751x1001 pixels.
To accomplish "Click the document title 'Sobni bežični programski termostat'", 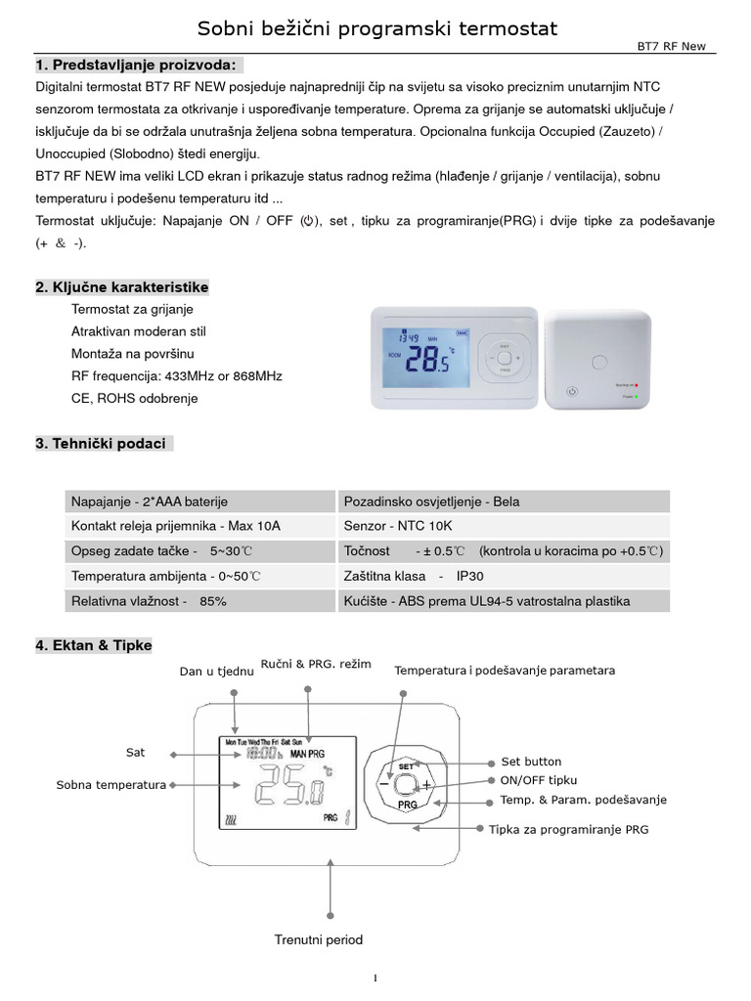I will pyautogui.click(x=377, y=29).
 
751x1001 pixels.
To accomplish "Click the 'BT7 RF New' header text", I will pyautogui.click(x=676, y=47).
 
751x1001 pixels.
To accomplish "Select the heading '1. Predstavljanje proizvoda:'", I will pyautogui.click(x=136, y=65).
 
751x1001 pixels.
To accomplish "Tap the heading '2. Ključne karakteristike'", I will pyautogui.click(x=122, y=287).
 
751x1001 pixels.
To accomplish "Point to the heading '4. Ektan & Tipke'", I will pyautogui.click(x=94, y=645).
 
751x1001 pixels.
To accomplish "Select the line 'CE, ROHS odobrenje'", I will pyautogui.click(x=135, y=399).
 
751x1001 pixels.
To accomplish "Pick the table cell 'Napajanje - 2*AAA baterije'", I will pyautogui.click(x=150, y=501).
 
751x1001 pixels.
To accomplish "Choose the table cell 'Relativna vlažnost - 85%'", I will pyautogui.click(x=149, y=602).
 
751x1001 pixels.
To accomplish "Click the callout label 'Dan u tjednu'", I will pyautogui.click(x=217, y=671).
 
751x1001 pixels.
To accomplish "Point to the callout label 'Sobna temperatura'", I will pyautogui.click(x=110, y=785).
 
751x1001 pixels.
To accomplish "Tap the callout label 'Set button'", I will pyautogui.click(x=531, y=762).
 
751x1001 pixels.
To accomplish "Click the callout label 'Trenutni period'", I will pyautogui.click(x=319, y=940).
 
